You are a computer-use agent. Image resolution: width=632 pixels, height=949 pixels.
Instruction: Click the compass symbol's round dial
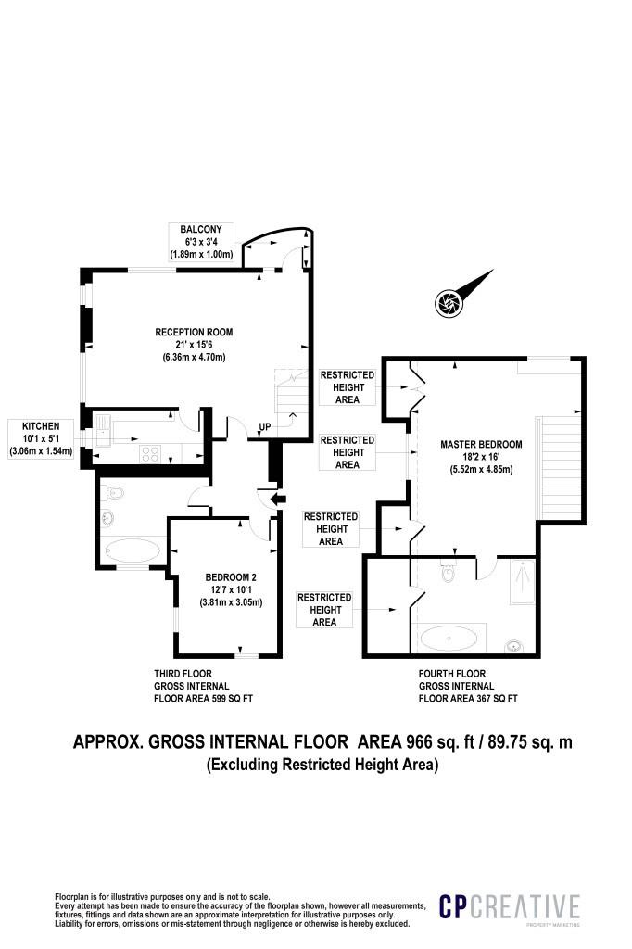coord(449,302)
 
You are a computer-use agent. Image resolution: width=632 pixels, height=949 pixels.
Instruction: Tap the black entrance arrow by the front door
coord(279,499)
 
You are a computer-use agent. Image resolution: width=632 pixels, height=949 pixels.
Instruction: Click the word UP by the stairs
coord(265,426)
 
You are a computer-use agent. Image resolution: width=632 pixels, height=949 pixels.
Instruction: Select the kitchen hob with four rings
coord(150,453)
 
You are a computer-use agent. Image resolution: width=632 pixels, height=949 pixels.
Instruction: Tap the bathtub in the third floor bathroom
coord(133,550)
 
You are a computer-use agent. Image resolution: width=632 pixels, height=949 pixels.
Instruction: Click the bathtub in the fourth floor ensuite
coord(449,638)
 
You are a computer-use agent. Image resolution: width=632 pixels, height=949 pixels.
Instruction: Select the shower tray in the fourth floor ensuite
coord(523,582)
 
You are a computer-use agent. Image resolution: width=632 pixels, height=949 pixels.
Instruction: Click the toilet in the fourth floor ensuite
coord(449,570)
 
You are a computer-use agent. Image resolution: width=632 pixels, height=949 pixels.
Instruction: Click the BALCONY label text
coord(201,230)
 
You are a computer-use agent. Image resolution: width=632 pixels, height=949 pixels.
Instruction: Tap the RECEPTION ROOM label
coord(194,332)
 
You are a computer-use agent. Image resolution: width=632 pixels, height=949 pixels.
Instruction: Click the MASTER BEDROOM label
coord(481,444)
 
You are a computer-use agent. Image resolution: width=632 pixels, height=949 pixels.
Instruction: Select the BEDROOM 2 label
coord(231,576)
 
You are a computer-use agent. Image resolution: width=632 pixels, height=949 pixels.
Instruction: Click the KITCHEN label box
coord(41,438)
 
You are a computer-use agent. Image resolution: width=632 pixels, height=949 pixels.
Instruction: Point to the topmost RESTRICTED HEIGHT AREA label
coord(348,387)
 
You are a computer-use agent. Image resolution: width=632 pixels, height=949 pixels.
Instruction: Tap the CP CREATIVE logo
coord(510,907)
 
